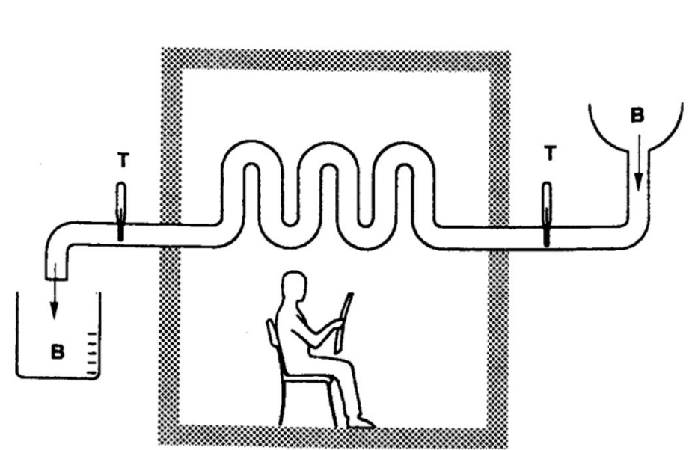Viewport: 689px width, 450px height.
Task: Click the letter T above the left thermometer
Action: tap(123, 160)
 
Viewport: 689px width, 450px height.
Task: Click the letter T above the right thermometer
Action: tap(550, 153)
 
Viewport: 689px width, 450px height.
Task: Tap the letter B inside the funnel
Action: tap(637, 115)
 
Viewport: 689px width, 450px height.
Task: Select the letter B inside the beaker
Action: tap(58, 351)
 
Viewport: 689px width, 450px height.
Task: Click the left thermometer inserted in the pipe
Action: tap(121, 211)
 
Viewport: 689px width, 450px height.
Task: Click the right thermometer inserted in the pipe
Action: tap(547, 215)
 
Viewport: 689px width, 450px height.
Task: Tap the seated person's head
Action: tap(293, 286)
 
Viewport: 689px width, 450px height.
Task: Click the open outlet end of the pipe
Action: tap(56, 277)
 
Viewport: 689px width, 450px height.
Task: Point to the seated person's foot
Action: tap(361, 422)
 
